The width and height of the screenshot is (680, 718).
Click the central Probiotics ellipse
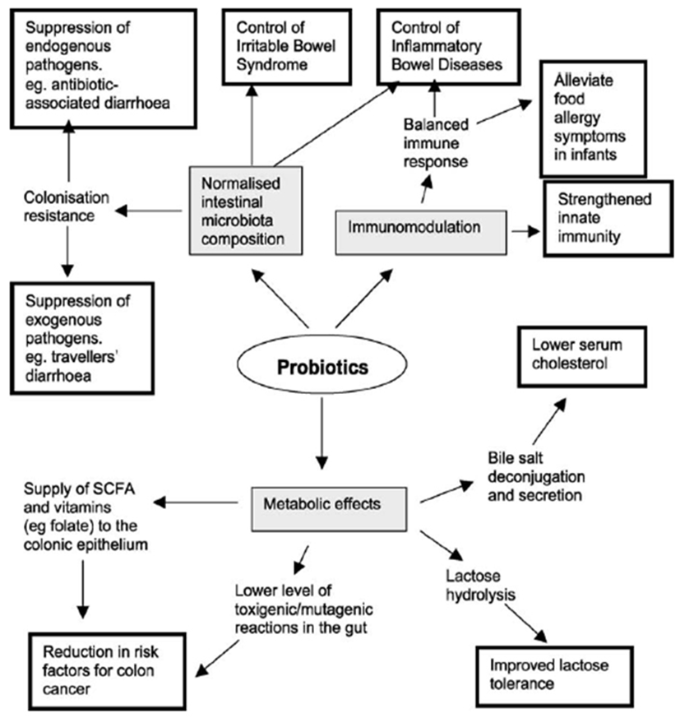click(x=322, y=364)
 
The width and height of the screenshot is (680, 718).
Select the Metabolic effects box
click(x=329, y=509)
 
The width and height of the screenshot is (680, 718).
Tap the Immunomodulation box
click(x=421, y=233)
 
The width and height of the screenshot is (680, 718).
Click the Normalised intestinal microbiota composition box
click(x=246, y=211)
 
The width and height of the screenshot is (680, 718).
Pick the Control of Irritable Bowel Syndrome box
click(x=287, y=47)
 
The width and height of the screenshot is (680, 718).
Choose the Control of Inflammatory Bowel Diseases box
click(x=449, y=47)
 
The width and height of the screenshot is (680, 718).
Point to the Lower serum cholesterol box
click(x=582, y=357)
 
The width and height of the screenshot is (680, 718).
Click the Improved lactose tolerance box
click(x=554, y=676)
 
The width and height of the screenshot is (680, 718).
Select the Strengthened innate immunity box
click(x=608, y=219)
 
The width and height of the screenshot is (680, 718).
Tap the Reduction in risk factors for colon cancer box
click(x=107, y=671)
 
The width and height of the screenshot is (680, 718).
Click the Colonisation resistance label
click(x=67, y=206)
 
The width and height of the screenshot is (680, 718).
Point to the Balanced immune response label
click(x=436, y=143)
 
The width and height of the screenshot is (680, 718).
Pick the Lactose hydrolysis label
click(x=480, y=586)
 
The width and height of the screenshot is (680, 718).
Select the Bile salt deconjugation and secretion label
click(x=536, y=477)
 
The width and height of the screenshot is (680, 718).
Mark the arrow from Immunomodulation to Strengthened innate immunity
click(x=526, y=231)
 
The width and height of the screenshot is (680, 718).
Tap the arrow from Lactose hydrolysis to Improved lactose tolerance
click(x=526, y=623)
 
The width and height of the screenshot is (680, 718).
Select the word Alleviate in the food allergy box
click(x=583, y=81)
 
